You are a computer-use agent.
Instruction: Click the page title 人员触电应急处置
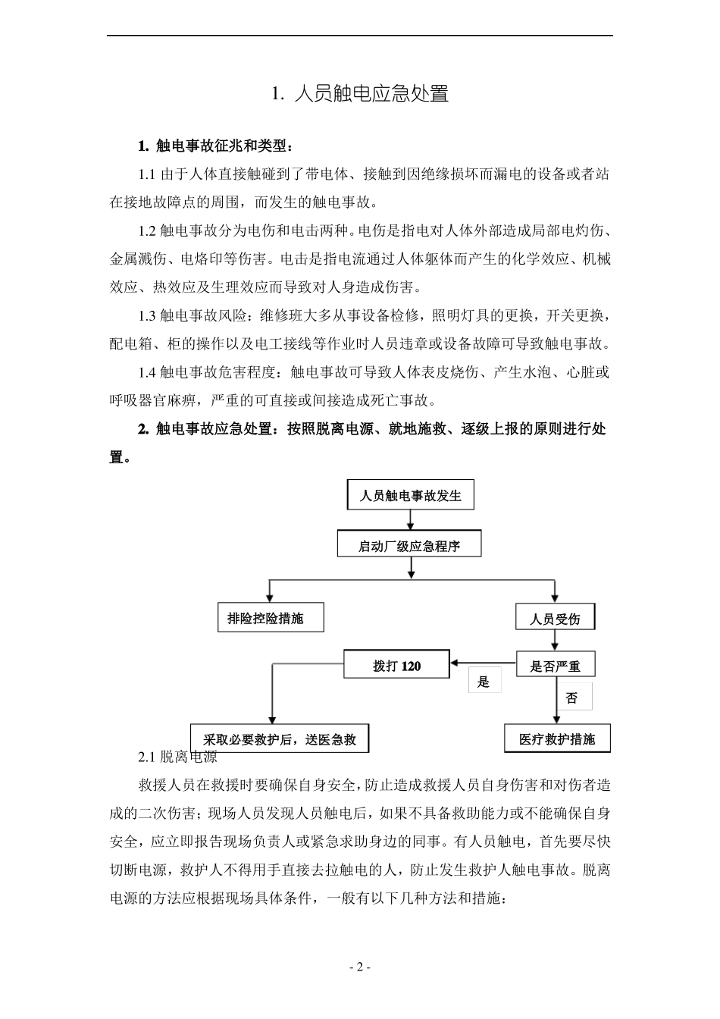coord(360,94)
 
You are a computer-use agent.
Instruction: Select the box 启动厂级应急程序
coord(409,545)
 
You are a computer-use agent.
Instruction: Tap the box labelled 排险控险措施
coord(270,618)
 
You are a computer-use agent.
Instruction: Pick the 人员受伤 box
coord(555,618)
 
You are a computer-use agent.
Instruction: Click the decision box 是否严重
coord(555,666)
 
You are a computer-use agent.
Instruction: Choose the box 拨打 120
coord(396,666)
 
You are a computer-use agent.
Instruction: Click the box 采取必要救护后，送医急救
coord(280,738)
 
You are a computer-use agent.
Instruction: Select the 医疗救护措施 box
coord(557,738)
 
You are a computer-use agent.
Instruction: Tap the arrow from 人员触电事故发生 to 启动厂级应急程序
coord(410,520)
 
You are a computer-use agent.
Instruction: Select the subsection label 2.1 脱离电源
coord(179,757)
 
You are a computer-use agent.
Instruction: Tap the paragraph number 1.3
coord(147,315)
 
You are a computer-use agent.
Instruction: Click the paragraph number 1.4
coord(147,372)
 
